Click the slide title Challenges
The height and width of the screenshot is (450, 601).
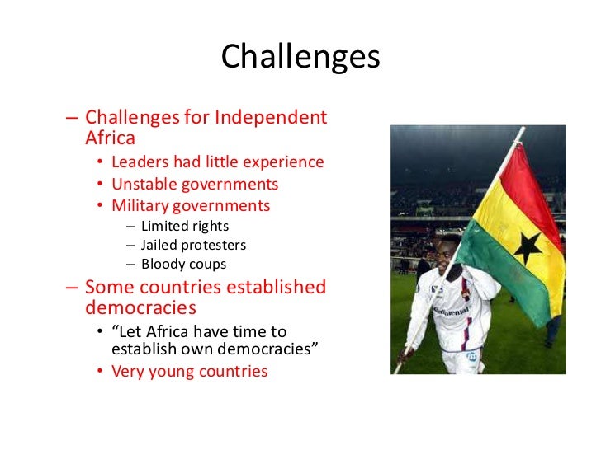coord(300,57)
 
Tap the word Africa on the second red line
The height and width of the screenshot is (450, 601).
coord(110,138)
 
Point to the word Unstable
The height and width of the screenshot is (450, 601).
coord(140,185)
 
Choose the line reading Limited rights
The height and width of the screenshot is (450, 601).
coord(185,226)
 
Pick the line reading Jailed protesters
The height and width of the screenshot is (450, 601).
coord(193,246)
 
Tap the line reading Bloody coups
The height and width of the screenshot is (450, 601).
coord(183,265)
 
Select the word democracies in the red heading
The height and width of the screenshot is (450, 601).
coord(140,308)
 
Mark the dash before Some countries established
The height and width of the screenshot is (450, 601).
coord(72,288)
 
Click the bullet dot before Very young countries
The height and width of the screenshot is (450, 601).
coord(100,372)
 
